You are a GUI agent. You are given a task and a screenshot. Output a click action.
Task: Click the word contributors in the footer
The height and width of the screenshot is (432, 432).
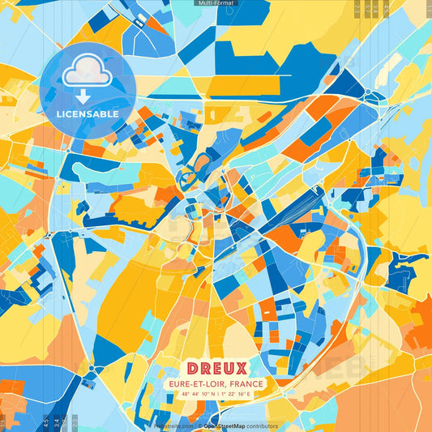(260, 426)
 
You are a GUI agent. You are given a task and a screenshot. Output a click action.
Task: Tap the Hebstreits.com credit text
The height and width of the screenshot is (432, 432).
(170, 426)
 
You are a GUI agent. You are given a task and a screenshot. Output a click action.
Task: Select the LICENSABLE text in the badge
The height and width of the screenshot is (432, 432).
(88, 114)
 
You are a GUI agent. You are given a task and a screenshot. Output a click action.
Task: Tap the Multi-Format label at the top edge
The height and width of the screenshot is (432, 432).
(216, 3)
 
